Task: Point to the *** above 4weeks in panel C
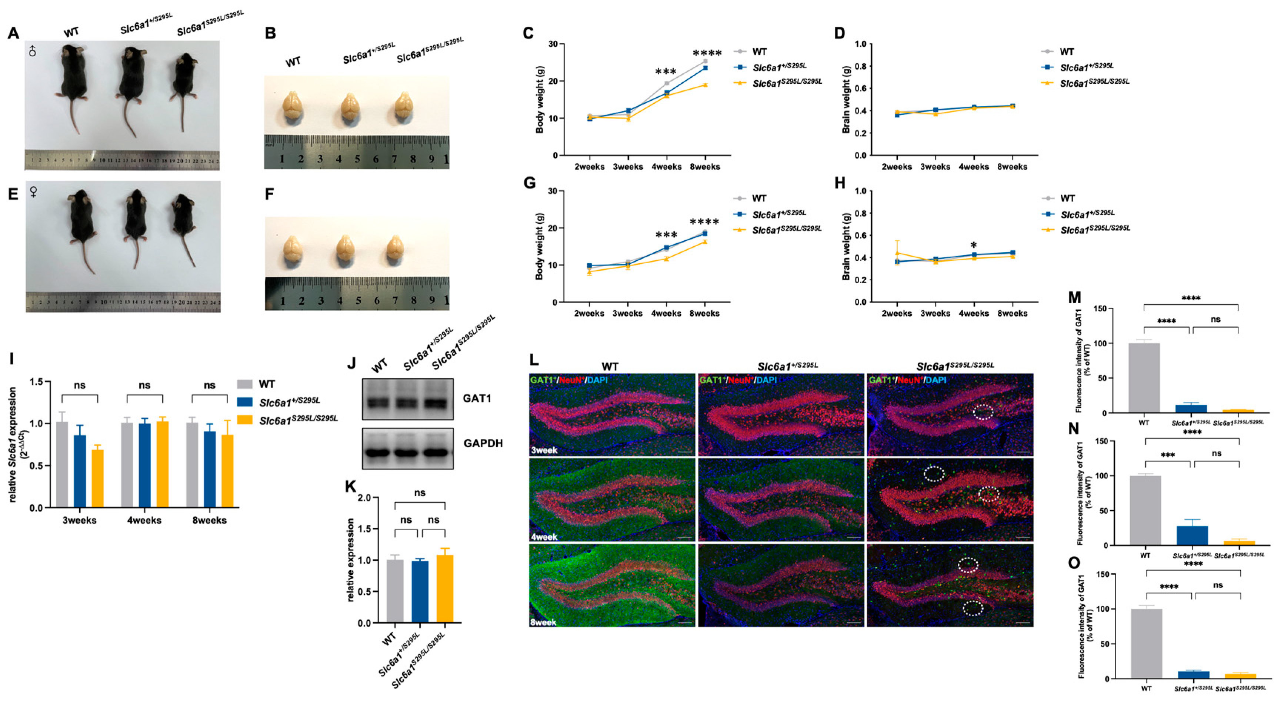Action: click(x=666, y=72)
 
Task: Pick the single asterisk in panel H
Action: click(x=974, y=245)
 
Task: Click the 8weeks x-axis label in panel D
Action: click(x=1012, y=167)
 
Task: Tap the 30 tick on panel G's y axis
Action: click(x=552, y=191)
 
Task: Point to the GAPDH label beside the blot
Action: click(x=483, y=443)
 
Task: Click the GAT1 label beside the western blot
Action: click(x=477, y=398)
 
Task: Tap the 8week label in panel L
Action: click(x=543, y=622)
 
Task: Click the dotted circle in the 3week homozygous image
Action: click(x=983, y=412)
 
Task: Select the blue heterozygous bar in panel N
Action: click(x=1192, y=535)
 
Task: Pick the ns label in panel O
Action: click(x=1218, y=585)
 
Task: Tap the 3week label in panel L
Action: click(x=543, y=450)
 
